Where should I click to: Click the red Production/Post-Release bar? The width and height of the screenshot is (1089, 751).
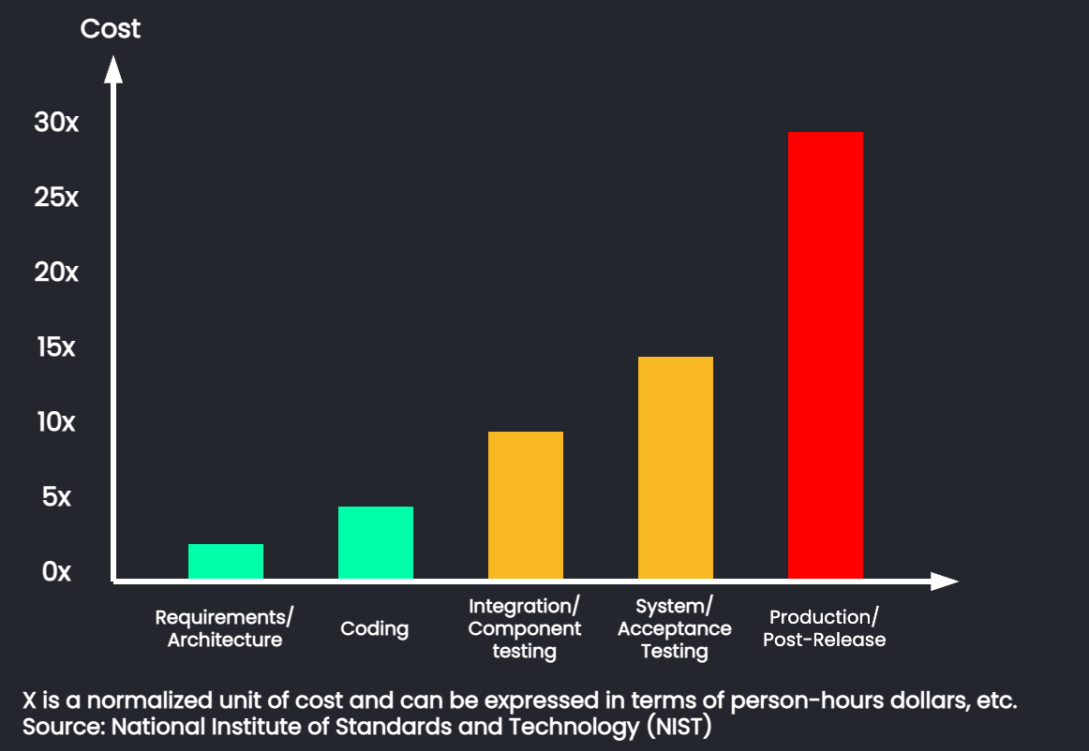click(825, 355)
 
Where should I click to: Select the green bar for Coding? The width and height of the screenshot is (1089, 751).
click(375, 542)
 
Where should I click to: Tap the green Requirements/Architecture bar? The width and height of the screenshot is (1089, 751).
click(225, 561)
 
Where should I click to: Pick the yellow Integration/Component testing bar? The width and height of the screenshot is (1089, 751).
click(525, 505)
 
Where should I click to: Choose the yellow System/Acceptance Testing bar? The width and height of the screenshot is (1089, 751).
click(675, 467)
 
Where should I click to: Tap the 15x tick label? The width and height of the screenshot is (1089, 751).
click(56, 347)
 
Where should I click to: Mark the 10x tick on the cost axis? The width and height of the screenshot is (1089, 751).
click(56, 422)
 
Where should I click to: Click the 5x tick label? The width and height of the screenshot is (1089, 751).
click(56, 497)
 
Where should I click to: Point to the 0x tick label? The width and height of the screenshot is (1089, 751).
click(56, 572)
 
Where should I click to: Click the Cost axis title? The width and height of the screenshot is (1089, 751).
click(110, 29)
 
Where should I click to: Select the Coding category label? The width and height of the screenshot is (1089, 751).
click(374, 628)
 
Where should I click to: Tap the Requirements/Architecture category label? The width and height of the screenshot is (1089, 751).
click(224, 628)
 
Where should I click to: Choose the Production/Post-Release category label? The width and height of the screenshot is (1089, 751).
click(824, 628)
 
